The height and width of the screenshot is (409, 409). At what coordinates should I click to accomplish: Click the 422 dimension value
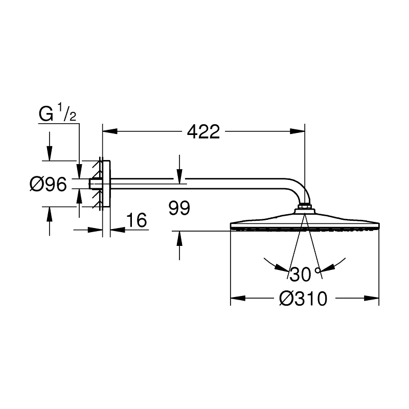click(203, 132)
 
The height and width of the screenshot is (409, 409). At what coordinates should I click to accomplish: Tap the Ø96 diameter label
click(48, 184)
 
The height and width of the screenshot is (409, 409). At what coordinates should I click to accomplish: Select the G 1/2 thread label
click(58, 115)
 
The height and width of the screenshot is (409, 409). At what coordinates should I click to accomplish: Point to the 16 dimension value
click(136, 220)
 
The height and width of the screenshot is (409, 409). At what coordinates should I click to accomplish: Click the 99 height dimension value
click(178, 208)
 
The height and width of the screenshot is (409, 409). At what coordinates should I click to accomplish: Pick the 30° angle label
click(300, 275)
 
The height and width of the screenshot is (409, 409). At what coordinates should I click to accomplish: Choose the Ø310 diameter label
click(303, 299)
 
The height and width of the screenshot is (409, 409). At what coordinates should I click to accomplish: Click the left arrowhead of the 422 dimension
click(110, 131)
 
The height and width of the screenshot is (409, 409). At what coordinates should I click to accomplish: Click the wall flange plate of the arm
click(106, 184)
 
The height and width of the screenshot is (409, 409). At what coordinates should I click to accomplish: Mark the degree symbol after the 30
click(317, 270)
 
